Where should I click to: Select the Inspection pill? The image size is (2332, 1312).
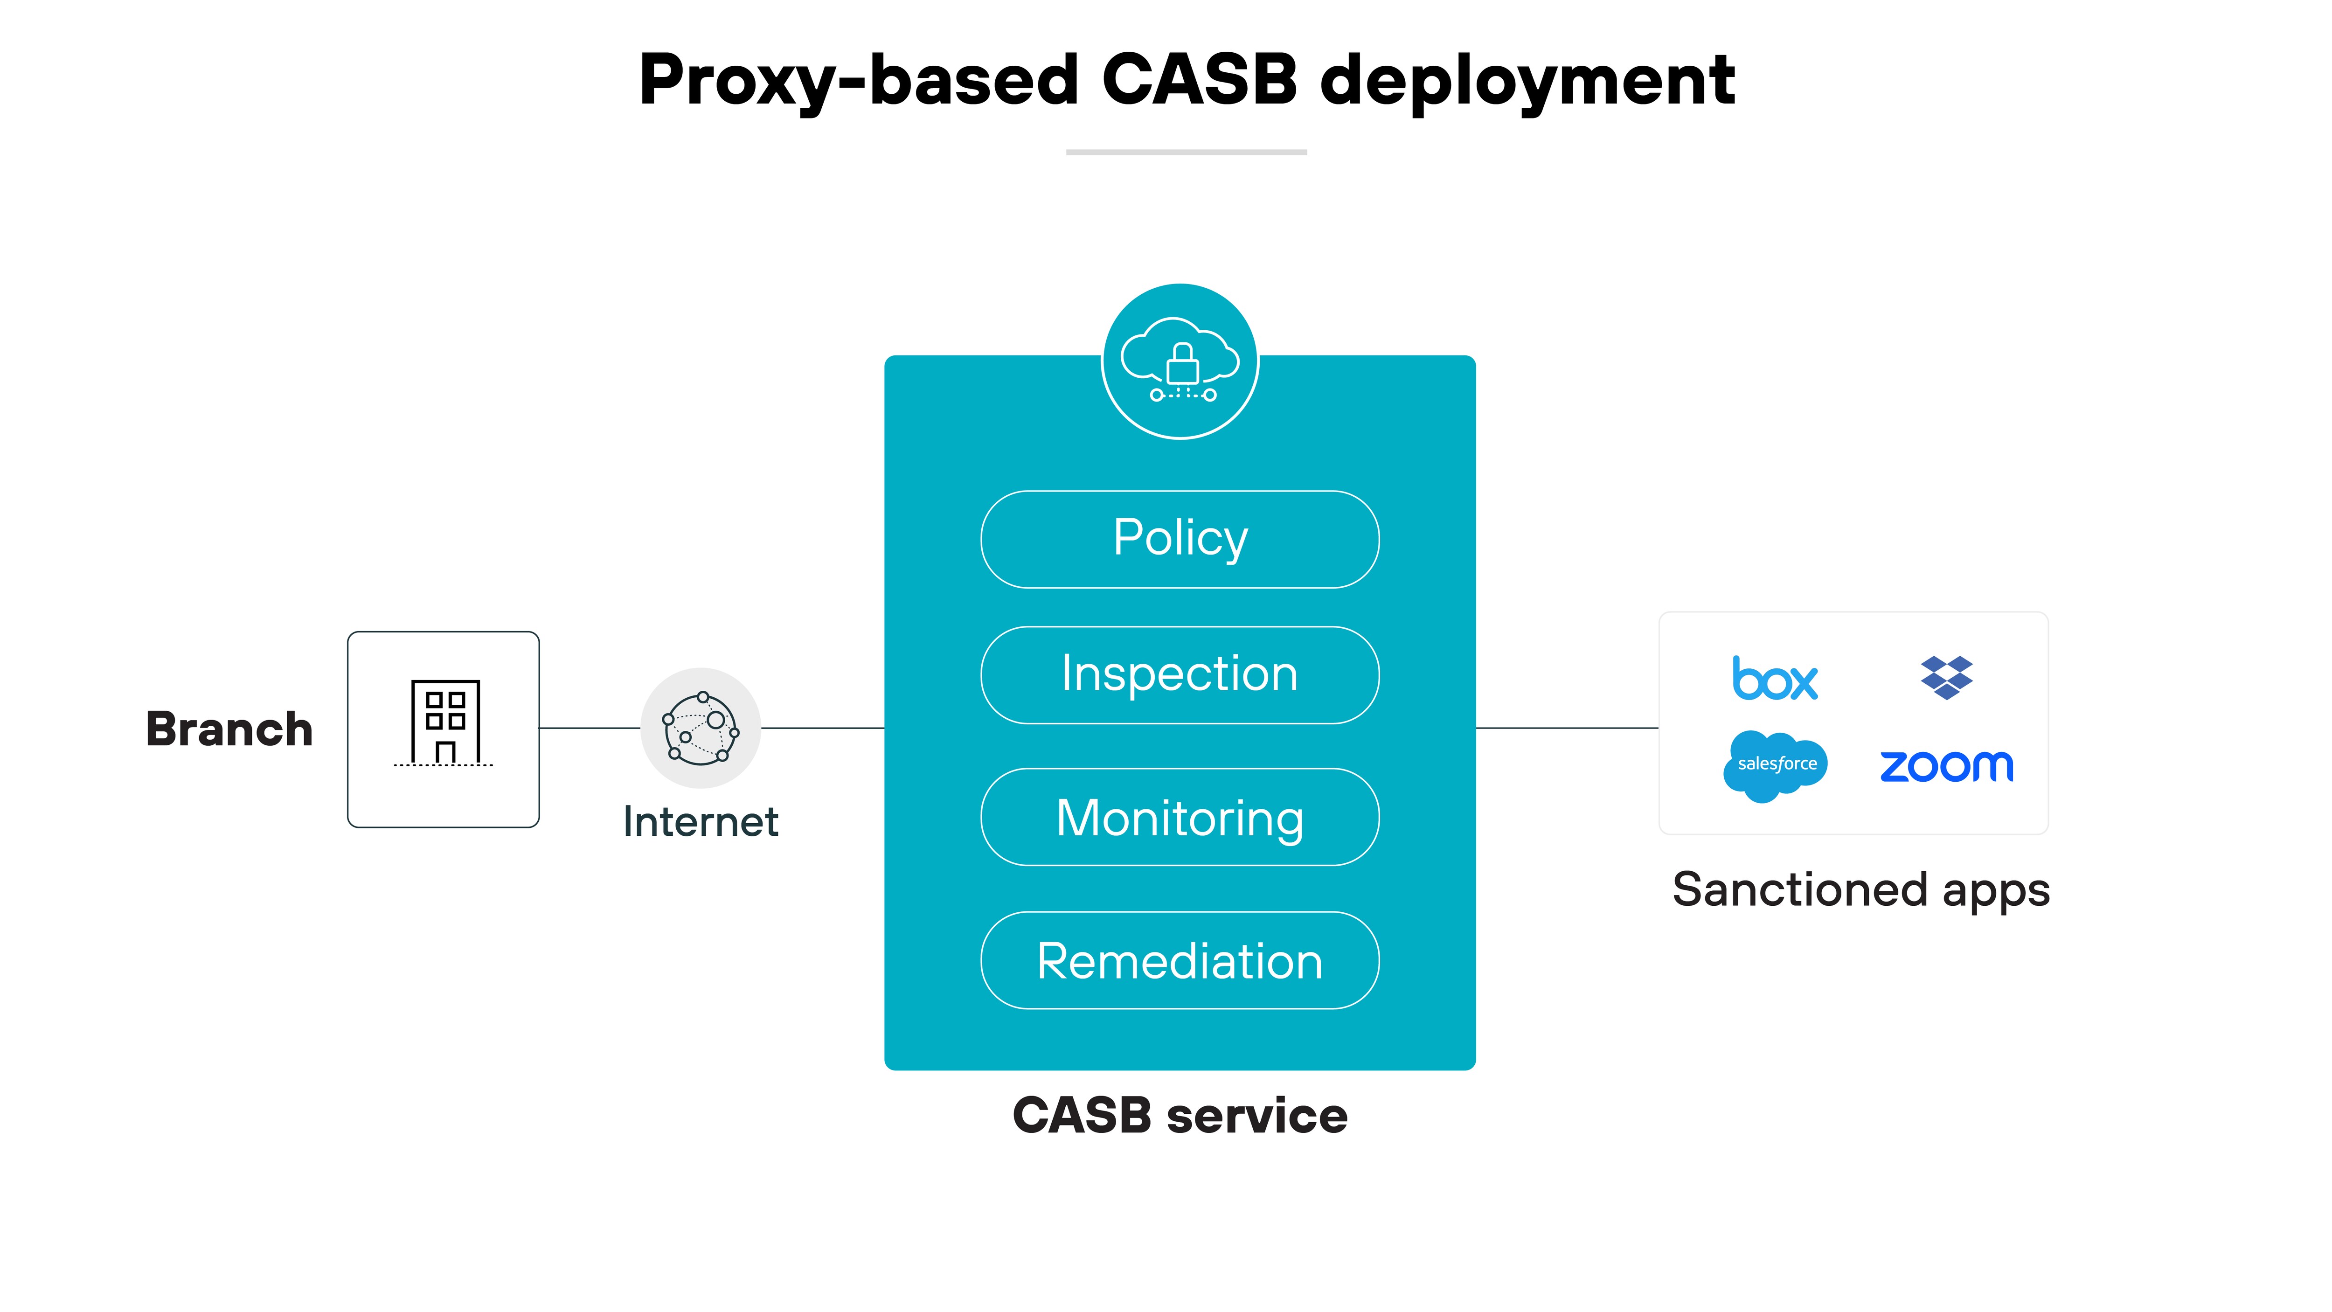tap(1180, 674)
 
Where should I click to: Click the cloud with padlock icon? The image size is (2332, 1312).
tap(1180, 362)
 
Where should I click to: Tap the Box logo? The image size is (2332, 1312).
tap(1774, 679)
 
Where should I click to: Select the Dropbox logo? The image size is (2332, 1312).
tap(1946, 677)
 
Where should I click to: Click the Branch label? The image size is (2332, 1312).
tap(229, 729)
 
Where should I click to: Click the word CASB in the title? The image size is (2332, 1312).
tap(1200, 80)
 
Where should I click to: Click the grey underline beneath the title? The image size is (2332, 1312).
tap(1186, 152)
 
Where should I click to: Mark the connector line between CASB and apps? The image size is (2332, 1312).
tap(1566, 727)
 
